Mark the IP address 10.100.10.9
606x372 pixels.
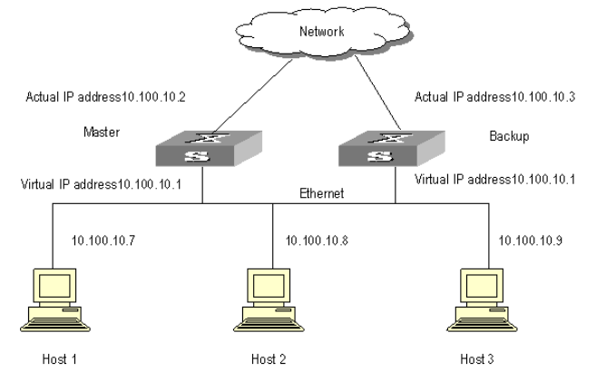coord(530,240)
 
